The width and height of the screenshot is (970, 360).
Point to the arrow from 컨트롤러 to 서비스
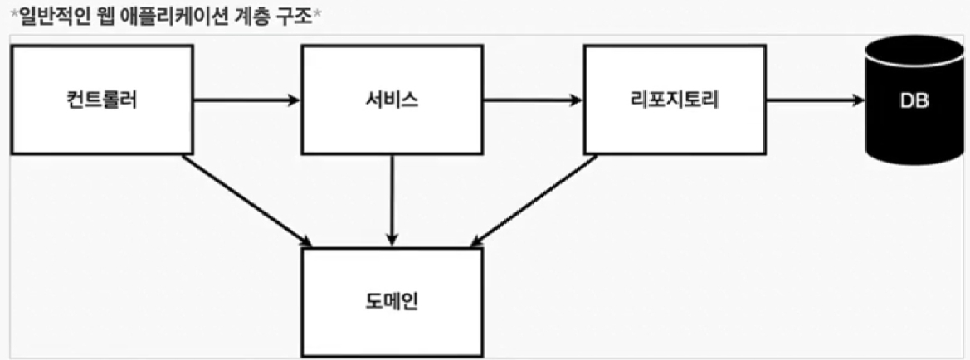point(246,100)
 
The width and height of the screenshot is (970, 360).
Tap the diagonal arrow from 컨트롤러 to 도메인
point(246,200)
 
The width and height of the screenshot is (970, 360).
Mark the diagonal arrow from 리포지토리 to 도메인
point(534,200)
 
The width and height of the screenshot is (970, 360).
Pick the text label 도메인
point(392,301)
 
